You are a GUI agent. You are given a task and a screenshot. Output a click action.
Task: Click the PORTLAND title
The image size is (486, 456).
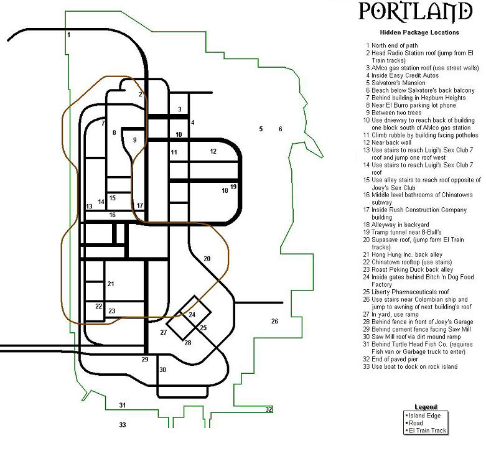(x=415, y=12)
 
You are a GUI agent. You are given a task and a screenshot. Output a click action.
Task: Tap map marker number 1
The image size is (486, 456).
(x=69, y=34)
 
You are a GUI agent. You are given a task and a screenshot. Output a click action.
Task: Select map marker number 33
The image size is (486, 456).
(x=123, y=425)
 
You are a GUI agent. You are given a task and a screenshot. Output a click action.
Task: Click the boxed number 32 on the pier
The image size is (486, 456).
(x=268, y=409)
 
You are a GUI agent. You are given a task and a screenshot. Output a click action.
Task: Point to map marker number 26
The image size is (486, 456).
(x=274, y=321)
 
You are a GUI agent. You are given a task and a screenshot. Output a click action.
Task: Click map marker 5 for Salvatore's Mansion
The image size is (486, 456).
(x=261, y=129)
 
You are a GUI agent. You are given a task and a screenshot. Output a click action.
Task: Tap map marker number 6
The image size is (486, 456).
(x=281, y=129)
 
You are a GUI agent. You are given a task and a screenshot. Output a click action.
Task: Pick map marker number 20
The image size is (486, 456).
(x=207, y=258)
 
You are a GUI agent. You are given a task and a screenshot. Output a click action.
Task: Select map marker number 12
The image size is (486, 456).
(x=213, y=151)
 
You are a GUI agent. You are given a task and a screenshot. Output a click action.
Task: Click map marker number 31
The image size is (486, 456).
(x=123, y=405)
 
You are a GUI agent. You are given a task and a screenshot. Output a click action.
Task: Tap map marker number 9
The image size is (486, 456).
(x=134, y=140)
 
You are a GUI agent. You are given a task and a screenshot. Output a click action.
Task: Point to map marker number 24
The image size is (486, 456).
(x=192, y=314)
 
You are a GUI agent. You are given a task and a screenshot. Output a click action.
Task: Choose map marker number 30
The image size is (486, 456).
(x=162, y=370)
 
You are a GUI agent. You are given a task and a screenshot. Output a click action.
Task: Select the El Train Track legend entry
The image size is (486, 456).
(x=426, y=430)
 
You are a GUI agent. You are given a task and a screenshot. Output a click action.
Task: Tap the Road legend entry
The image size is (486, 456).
(x=414, y=423)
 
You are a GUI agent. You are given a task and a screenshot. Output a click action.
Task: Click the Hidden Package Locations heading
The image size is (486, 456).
(x=419, y=32)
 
